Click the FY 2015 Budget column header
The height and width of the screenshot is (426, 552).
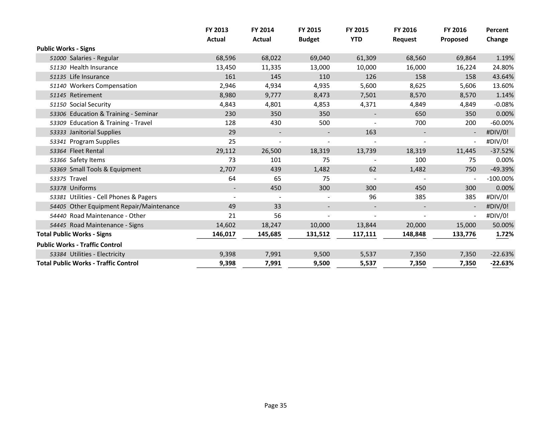tap(309, 34)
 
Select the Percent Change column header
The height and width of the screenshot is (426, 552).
tap(497, 34)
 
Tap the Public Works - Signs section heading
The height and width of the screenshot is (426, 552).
tap(66, 48)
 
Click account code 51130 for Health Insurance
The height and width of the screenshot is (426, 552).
tap(58, 67)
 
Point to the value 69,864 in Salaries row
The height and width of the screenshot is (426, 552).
tap(466, 58)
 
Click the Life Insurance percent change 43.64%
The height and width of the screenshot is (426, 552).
tap(503, 77)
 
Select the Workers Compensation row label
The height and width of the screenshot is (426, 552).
tap(103, 86)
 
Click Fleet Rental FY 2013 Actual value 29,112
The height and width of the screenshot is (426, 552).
tap(226, 151)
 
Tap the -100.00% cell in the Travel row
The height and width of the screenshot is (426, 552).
tap(500, 179)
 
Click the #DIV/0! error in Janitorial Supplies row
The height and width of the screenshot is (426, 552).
tap(497, 132)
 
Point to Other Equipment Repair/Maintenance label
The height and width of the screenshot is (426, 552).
tap(124, 206)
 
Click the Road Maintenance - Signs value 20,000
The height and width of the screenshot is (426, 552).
tap(416, 225)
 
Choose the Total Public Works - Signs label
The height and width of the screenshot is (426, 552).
tap(74, 234)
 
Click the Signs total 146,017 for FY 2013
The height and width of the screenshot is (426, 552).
tap(224, 234)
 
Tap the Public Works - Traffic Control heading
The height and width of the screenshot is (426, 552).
tap(79, 245)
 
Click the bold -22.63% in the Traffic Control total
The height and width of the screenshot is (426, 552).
tap(502, 263)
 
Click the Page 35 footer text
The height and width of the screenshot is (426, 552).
tap(275, 406)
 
